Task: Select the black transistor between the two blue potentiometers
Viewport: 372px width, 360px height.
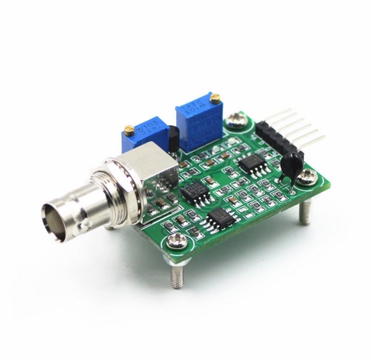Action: [173, 137]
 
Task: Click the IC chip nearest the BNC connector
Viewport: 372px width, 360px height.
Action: [192, 190]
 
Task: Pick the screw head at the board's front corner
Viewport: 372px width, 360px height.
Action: [177, 242]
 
